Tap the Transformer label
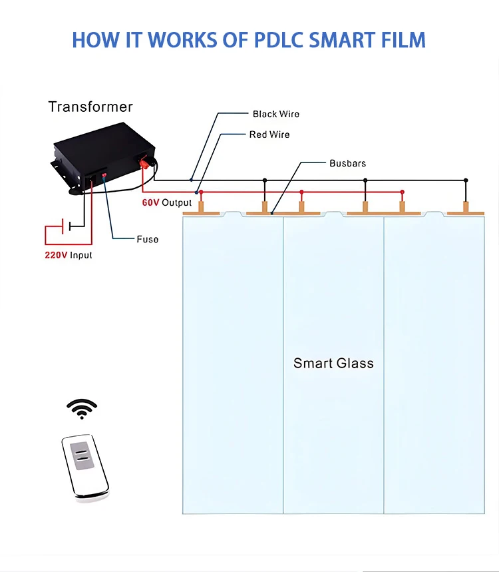[90, 107]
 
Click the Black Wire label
[275, 114]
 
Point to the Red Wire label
[269, 135]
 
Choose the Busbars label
[347, 163]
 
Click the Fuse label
[148, 239]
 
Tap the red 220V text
[56, 255]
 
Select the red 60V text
[150, 202]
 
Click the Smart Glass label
[333, 363]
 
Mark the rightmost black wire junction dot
[466, 180]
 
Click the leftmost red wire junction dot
[201, 192]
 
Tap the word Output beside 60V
[176, 202]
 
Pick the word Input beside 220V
[81, 255]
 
